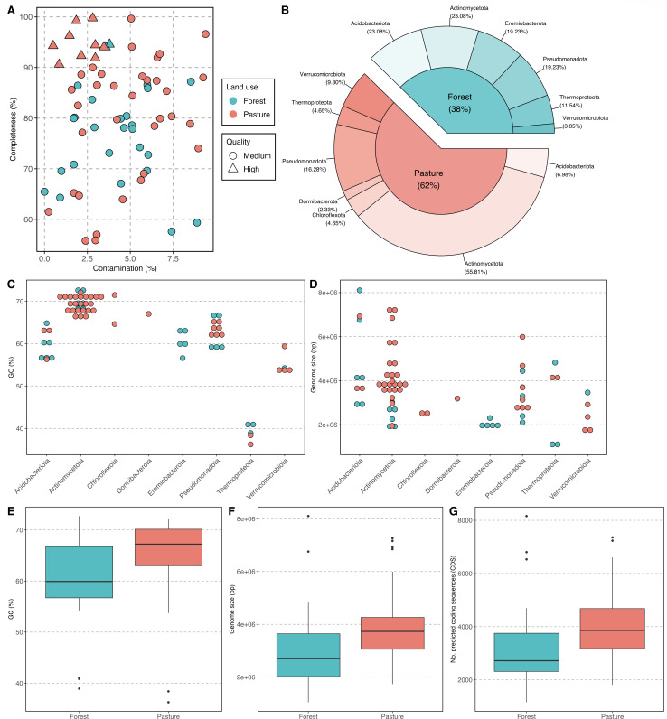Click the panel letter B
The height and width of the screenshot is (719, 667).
pyautogui.click(x=285, y=10)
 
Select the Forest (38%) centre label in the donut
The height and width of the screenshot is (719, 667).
pyautogui.click(x=459, y=103)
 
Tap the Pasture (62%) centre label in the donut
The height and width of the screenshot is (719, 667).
pyautogui.click(x=428, y=179)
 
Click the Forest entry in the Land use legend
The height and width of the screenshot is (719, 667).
pyautogui.click(x=248, y=101)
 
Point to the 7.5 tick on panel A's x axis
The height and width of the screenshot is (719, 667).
pyautogui.click(x=173, y=258)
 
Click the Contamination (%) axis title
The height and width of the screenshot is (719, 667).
pyautogui.click(x=125, y=268)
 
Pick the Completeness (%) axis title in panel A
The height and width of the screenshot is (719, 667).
pyautogui.click(x=13, y=129)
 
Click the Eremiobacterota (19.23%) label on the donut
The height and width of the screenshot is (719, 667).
pyautogui.click(x=525, y=27)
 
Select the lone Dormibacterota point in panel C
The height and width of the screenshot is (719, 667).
pyautogui.click(x=148, y=313)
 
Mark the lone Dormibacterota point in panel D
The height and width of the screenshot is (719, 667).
pyautogui.click(x=457, y=398)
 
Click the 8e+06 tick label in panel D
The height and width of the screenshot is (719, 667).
pyautogui.click(x=326, y=293)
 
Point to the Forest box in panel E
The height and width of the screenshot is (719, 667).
pyautogui.click(x=80, y=572)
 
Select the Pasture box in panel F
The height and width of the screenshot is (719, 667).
pyautogui.click(x=392, y=633)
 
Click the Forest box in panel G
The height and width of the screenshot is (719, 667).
pyautogui.click(x=527, y=652)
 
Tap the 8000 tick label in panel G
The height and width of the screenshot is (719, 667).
pyautogui.click(x=467, y=520)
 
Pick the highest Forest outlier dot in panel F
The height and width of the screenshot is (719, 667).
pyautogui.click(x=308, y=516)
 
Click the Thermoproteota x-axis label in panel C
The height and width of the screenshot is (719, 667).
pyautogui.click(x=235, y=477)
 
